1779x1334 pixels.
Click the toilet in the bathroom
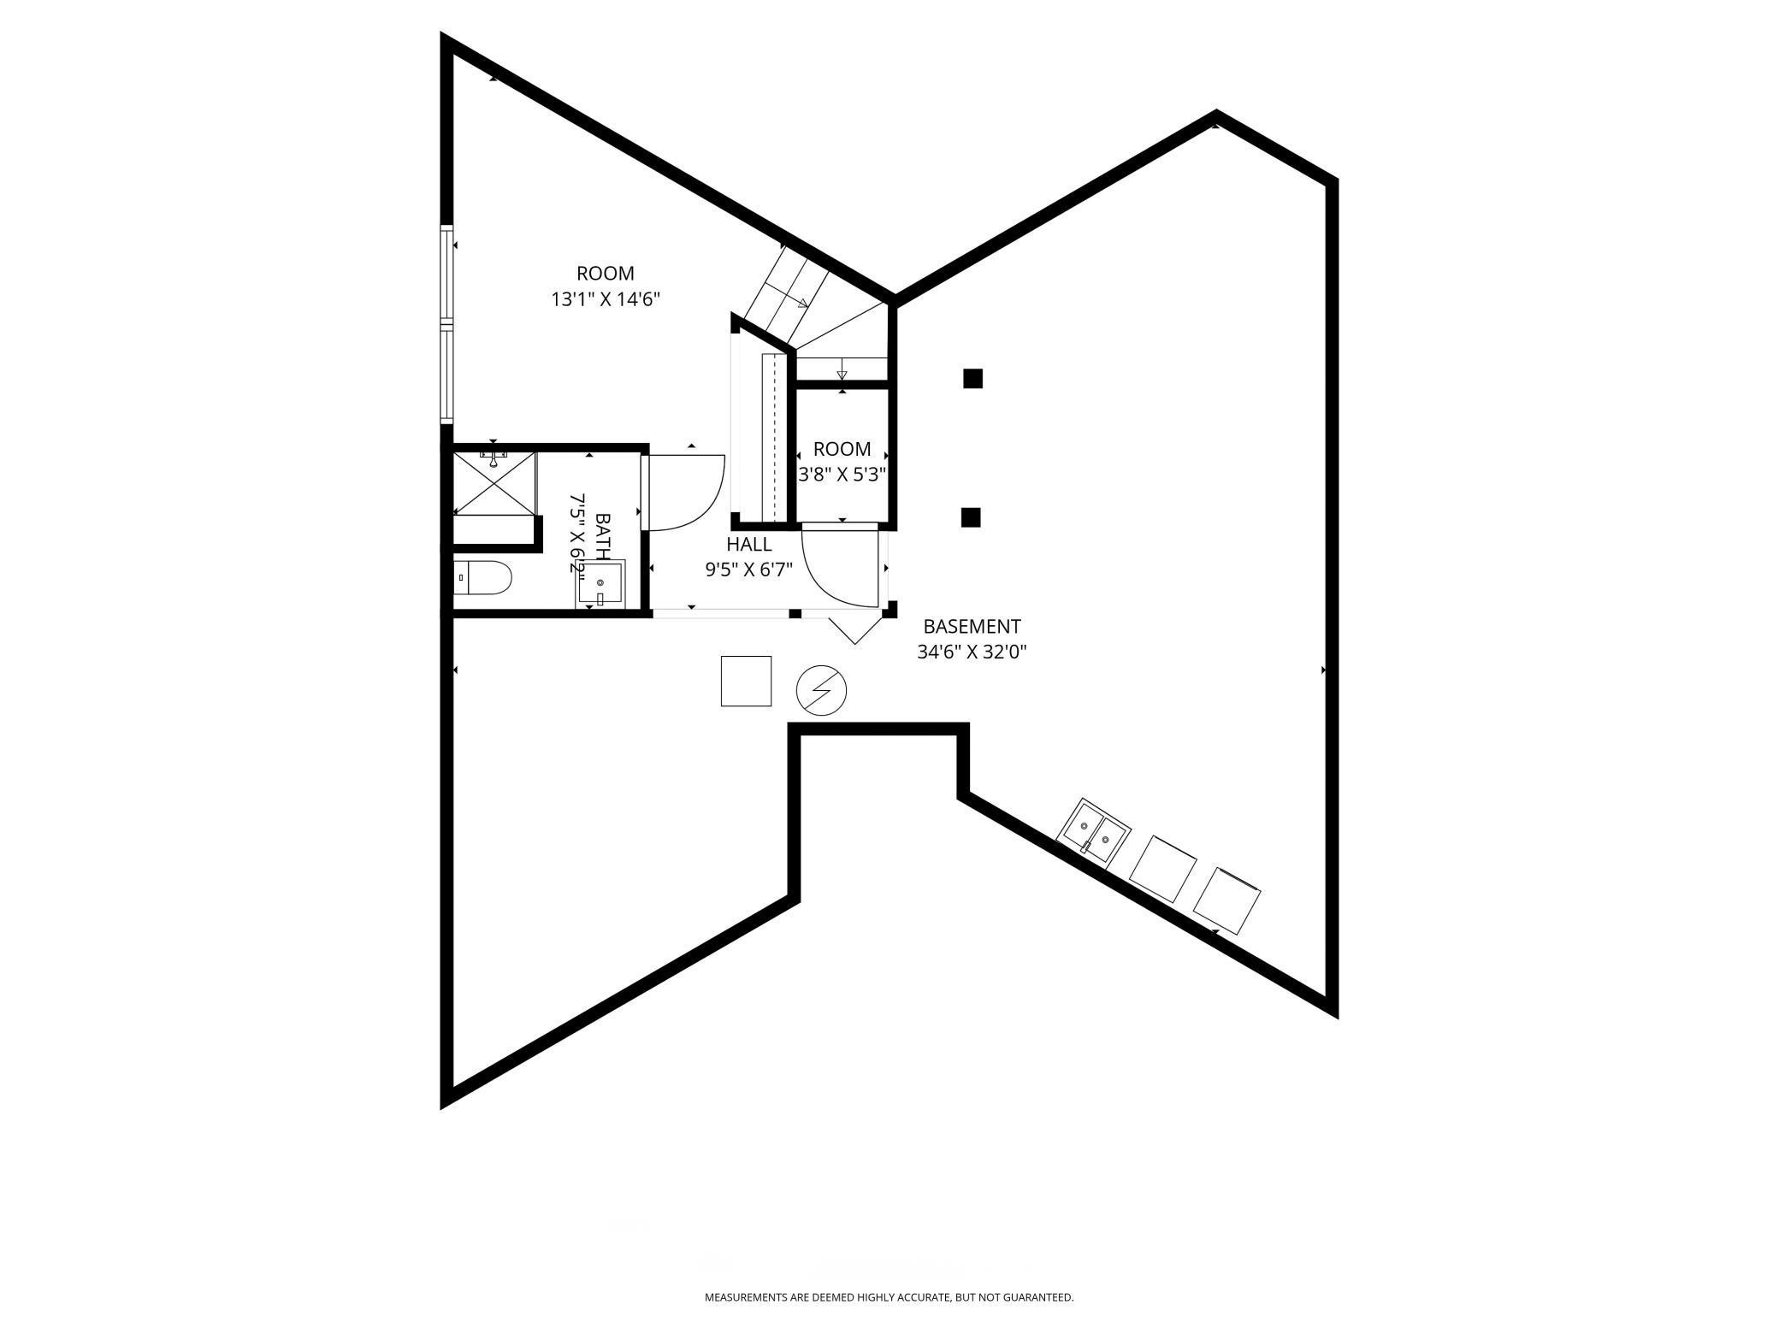pyautogui.click(x=482, y=578)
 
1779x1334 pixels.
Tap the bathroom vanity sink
pyautogui.click(x=601, y=583)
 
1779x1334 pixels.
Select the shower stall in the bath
pyautogui.click(x=494, y=483)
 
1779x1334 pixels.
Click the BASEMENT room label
pyautogui.click(x=972, y=626)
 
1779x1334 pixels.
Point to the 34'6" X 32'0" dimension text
pyautogui.click(x=972, y=652)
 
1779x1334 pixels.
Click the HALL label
pyautogui.click(x=749, y=544)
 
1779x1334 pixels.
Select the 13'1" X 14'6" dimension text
pyautogui.click(x=606, y=299)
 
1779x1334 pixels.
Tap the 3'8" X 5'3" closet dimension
pyautogui.click(x=842, y=475)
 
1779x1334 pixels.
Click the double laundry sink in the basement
pyautogui.click(x=1094, y=833)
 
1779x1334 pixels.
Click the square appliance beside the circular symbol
pyautogui.click(x=746, y=681)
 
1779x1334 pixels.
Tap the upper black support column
pyautogui.click(x=972, y=378)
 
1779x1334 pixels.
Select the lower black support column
pyautogui.click(x=970, y=517)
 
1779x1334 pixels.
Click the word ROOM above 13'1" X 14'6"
pyautogui.click(x=606, y=274)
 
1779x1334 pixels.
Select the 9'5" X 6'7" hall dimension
pyautogui.click(x=749, y=570)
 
